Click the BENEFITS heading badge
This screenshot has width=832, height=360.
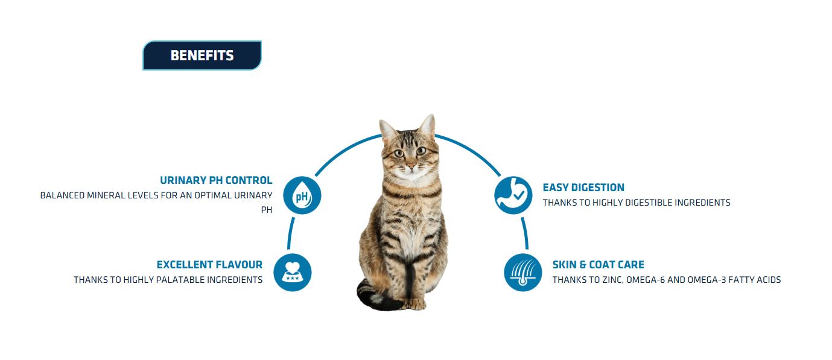click(202, 55)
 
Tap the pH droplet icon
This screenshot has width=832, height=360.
click(302, 195)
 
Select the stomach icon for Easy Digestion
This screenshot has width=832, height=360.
click(513, 195)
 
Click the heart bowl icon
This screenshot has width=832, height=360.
click(292, 273)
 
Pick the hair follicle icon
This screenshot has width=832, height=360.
click(522, 273)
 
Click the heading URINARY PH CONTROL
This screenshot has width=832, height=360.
click(216, 180)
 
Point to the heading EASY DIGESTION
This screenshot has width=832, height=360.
click(583, 188)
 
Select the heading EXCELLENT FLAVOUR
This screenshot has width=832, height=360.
click(209, 265)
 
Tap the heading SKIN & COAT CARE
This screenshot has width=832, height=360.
click(598, 265)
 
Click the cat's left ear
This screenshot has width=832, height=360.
click(428, 125)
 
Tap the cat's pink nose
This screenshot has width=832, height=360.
click(411, 165)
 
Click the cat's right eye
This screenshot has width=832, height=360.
click(399, 153)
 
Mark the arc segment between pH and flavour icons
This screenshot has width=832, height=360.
click(291, 233)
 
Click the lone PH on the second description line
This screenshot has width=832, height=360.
click(266, 210)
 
